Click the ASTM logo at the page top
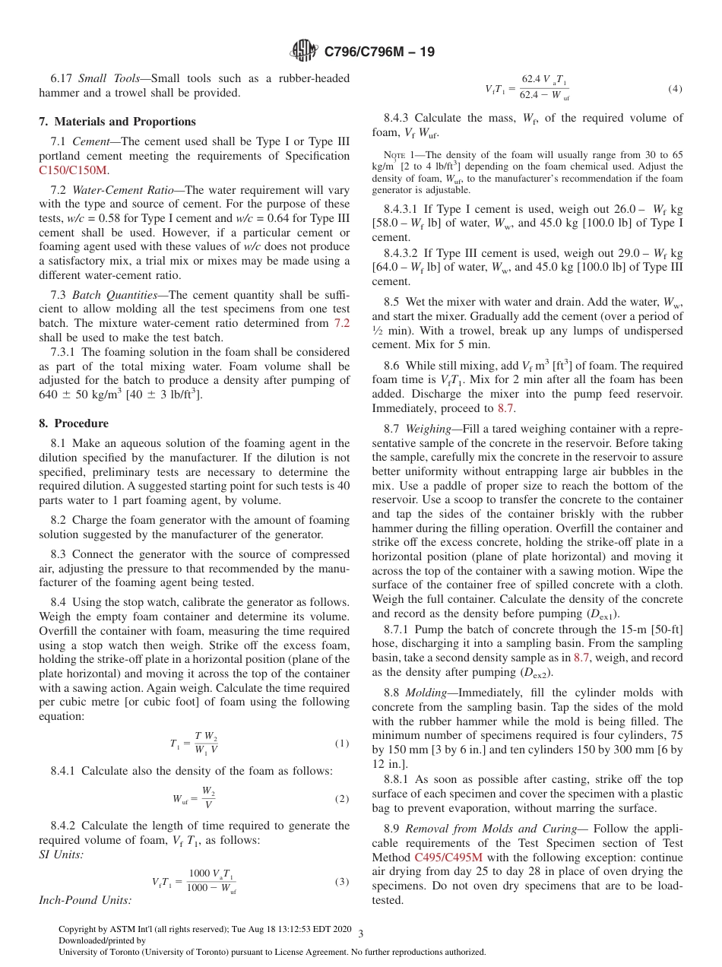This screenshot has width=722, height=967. [304, 52]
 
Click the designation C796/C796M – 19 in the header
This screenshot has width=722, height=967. [378, 52]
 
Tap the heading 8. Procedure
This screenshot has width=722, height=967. [74, 423]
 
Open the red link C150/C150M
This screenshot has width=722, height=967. [73, 170]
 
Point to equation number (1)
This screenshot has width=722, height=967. [342, 743]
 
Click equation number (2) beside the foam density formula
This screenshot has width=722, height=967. [342, 799]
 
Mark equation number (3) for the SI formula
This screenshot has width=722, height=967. [342, 882]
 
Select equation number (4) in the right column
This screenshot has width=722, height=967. [675, 89]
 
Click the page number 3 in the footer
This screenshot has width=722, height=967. [360, 932]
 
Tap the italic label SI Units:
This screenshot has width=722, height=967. [61, 855]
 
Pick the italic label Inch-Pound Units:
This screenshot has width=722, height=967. [84, 900]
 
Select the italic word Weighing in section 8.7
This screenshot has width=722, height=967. [429, 429]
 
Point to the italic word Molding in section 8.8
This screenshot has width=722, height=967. [426, 693]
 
